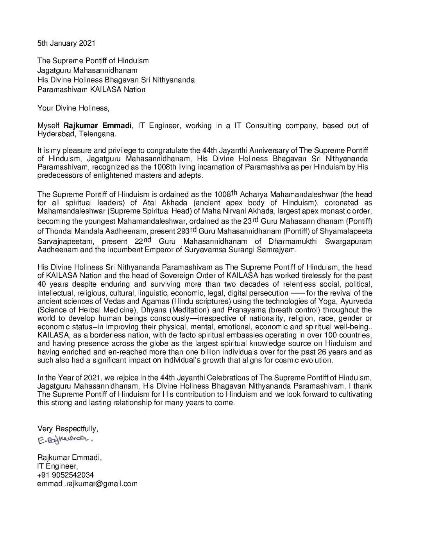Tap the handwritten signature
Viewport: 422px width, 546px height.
click(65, 440)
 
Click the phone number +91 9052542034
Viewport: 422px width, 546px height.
click(65, 475)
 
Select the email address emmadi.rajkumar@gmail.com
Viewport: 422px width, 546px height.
click(87, 484)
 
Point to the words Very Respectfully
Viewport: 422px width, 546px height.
click(68, 428)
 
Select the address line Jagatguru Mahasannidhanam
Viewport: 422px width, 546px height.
click(87, 71)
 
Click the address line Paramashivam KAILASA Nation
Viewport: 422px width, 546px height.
click(91, 89)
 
